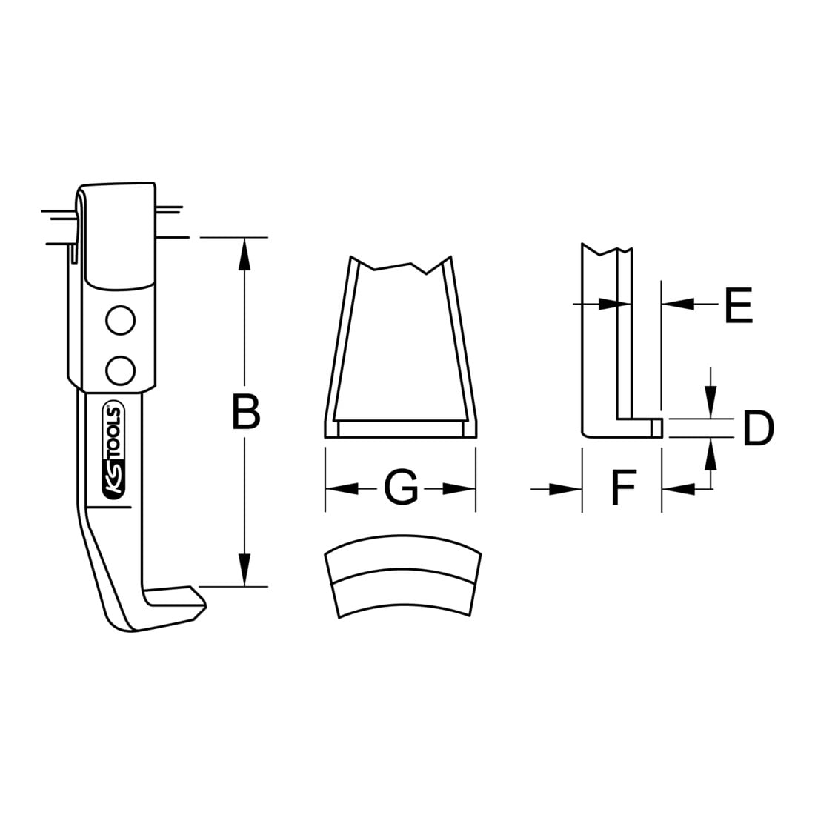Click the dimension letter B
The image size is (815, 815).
(x=246, y=412)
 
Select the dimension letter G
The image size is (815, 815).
(x=400, y=488)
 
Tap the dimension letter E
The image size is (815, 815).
(x=739, y=305)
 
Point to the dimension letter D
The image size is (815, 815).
(x=759, y=428)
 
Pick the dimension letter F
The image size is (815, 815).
(x=623, y=488)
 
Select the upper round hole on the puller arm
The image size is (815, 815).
(x=121, y=321)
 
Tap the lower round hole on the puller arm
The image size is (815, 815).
(x=121, y=370)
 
